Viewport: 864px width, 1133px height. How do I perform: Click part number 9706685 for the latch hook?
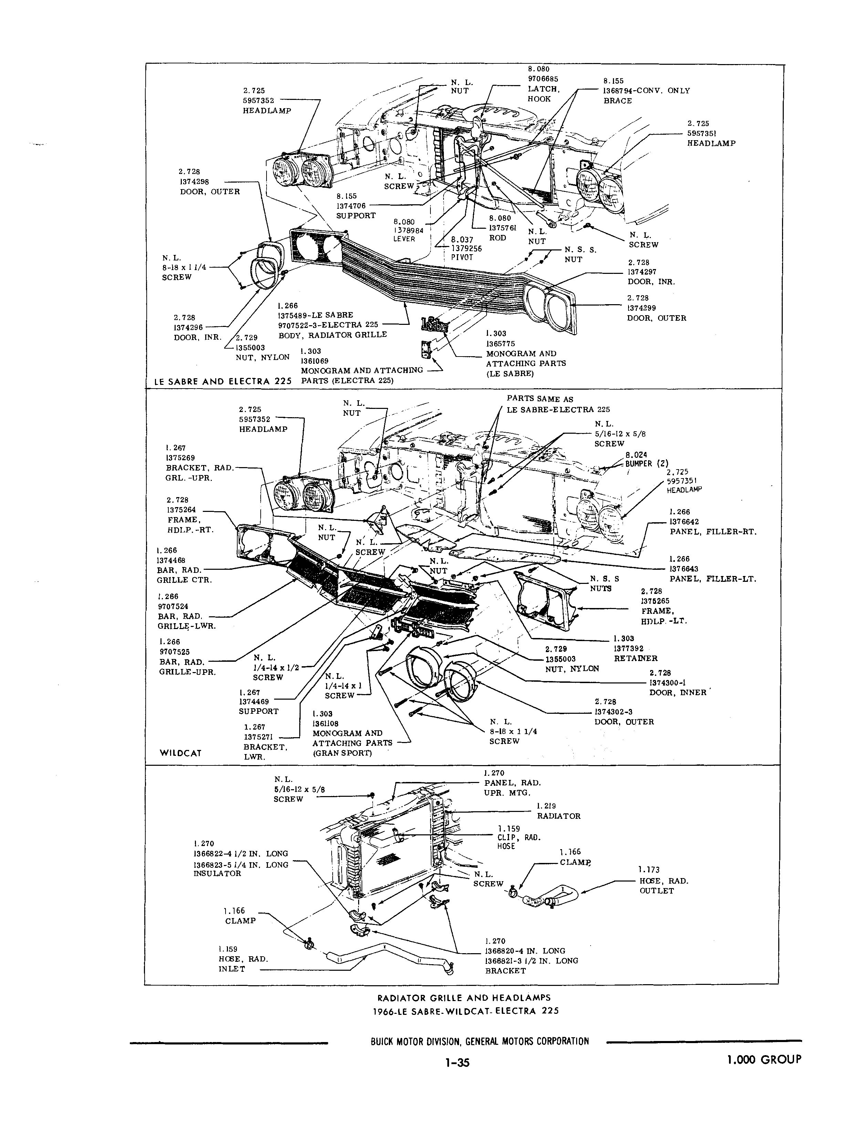click(x=543, y=79)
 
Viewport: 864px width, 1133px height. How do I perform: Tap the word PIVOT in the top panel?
click(x=461, y=257)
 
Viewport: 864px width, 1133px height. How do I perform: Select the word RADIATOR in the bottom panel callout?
click(x=559, y=816)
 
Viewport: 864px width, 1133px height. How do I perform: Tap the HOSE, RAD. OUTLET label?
click(x=664, y=886)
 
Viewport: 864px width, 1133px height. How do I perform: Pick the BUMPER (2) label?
click(x=646, y=463)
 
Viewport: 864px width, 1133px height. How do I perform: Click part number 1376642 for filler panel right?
click(x=684, y=522)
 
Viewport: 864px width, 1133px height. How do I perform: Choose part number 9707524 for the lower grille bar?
click(x=173, y=607)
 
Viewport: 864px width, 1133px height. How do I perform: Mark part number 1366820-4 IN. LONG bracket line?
click(x=524, y=951)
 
